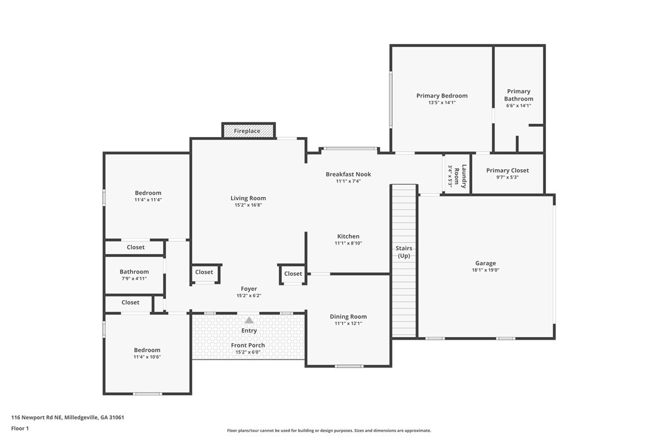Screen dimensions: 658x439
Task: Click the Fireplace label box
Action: pos(248,130)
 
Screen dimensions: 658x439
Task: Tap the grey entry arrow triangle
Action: pos(249,321)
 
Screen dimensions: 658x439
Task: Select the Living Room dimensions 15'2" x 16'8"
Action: pos(248,205)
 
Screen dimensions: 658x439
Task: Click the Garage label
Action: pos(485,263)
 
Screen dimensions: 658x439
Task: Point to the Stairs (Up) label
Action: pos(404,252)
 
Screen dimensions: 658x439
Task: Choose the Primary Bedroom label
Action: pos(442,95)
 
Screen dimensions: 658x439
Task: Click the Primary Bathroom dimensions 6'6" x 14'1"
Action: pos(519,106)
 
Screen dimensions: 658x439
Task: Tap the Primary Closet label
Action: pos(507,170)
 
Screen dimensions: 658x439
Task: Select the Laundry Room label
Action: pos(460,176)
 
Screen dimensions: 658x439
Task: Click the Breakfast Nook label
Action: pos(348,174)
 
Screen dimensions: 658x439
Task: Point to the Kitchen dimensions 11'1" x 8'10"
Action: pos(348,243)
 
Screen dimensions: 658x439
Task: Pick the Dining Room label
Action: pos(348,317)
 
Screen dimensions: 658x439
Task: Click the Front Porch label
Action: pos(248,346)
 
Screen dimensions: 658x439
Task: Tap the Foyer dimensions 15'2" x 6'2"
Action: pos(249,295)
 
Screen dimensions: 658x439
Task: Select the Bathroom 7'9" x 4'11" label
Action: pos(135,272)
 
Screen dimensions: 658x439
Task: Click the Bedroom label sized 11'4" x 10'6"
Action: pos(147,350)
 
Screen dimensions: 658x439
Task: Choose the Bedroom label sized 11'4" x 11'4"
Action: pos(148,193)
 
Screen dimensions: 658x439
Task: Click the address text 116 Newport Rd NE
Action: pos(37,417)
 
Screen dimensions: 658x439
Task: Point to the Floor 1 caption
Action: pos(20,429)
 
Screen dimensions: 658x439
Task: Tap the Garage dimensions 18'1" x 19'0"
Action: pos(485,270)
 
